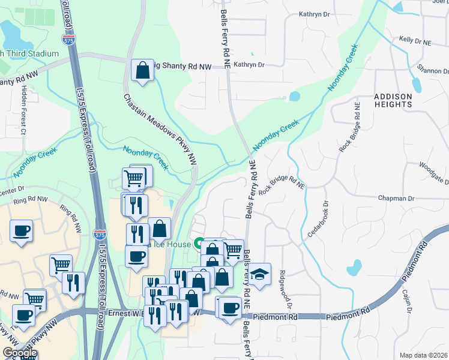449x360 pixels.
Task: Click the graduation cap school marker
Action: (259, 274)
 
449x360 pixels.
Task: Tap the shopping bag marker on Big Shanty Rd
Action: (143, 70)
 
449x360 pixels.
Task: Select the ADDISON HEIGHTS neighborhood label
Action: (393, 100)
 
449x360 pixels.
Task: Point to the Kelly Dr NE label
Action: (415, 41)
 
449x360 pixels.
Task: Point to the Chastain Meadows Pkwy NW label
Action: (160, 128)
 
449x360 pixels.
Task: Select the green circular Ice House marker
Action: (197, 244)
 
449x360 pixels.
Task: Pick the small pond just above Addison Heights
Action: (294, 96)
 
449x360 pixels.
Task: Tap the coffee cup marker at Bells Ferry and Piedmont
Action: (229, 308)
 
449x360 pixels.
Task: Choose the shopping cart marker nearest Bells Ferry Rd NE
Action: (232, 249)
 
